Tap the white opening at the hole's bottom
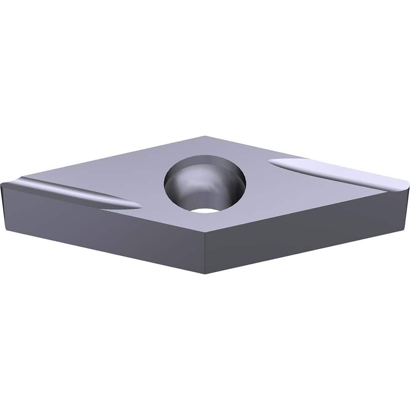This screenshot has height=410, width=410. pyautogui.click(x=205, y=210)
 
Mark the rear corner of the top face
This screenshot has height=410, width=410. pyautogui.click(x=205, y=137)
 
